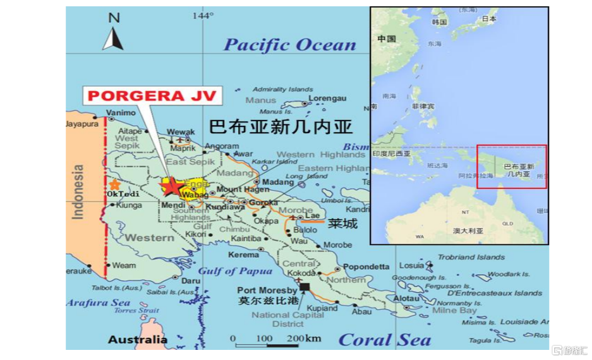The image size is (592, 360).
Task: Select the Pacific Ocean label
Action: click(290, 45)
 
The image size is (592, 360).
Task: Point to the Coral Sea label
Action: click(384, 340)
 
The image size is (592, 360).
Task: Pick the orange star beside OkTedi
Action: click(114, 184)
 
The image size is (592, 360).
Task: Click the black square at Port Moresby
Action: click(305, 287)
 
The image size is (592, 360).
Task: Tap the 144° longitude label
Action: click(203, 15)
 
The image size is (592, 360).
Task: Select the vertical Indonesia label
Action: click(78, 192)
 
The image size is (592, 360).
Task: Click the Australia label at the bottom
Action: click(138, 340)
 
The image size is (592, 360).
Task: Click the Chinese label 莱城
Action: click(343, 223)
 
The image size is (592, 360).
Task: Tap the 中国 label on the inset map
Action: click(386, 39)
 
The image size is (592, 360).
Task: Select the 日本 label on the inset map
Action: click(489, 20)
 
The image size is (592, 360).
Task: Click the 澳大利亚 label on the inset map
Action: click(468, 231)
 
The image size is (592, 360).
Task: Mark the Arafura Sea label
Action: click(98, 303)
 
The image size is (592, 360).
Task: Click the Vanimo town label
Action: click(121, 113)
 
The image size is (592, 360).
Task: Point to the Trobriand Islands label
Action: click(471, 258)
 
